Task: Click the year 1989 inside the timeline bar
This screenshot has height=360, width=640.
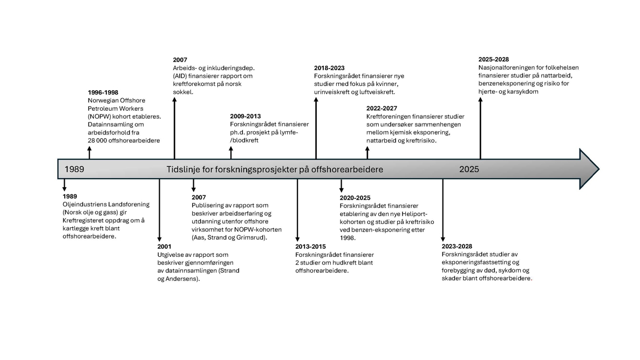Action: click(x=74, y=169)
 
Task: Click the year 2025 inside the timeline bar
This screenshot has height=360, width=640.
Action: click(x=469, y=169)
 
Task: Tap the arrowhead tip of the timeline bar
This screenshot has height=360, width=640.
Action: click(x=599, y=169)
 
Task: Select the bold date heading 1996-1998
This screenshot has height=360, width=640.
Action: click(x=103, y=93)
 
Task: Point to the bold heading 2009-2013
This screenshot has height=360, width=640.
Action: click(x=246, y=117)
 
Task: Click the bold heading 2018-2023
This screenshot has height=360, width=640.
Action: click(x=329, y=68)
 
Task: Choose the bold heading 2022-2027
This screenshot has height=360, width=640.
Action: click(x=382, y=108)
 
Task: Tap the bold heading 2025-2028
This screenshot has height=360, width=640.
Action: click(x=494, y=59)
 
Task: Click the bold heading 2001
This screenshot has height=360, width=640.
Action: click(x=165, y=247)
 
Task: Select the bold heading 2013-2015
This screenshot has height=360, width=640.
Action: click(x=311, y=247)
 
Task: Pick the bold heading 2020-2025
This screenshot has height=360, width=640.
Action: click(x=355, y=198)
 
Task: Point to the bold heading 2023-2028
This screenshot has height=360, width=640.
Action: click(x=457, y=247)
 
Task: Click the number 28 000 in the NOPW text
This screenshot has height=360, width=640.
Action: click(x=97, y=141)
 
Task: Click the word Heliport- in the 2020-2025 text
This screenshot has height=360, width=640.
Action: click(x=414, y=214)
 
